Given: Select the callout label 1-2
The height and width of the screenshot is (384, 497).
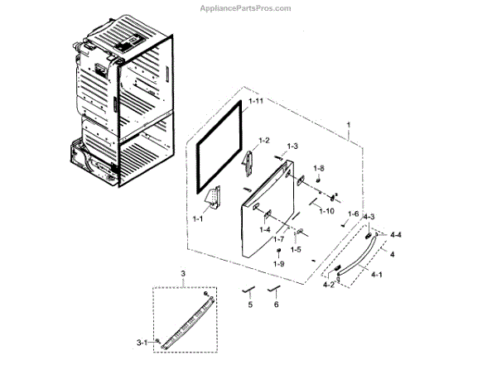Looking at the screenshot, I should click(x=264, y=142).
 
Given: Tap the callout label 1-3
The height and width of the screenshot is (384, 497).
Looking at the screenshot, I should click(x=292, y=146).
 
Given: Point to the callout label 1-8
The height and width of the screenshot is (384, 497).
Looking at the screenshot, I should click(x=319, y=169).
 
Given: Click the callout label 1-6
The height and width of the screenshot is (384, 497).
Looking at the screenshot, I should click(x=354, y=214).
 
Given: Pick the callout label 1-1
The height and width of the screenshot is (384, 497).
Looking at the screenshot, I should click(x=198, y=219).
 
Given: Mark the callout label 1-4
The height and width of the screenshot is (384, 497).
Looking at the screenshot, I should click(x=265, y=229).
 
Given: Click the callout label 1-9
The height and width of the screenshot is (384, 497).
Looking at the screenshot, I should click(x=278, y=263).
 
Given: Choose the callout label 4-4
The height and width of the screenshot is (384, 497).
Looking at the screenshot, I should click(x=397, y=234).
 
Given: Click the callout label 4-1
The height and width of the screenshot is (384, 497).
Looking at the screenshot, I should click(x=376, y=274).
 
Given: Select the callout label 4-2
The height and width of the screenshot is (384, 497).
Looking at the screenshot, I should click(x=329, y=285).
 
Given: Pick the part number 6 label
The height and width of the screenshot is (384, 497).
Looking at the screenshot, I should click(x=277, y=305).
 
